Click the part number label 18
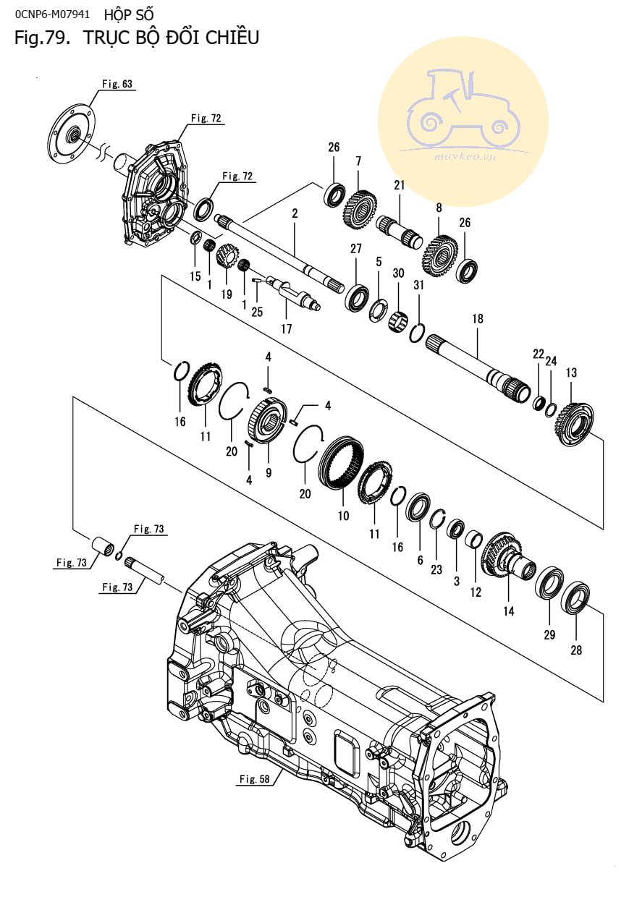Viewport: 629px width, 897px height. pos(477,319)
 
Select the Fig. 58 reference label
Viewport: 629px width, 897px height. pos(253,778)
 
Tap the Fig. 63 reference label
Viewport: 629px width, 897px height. pos(117,84)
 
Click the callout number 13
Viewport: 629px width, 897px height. pos(571,373)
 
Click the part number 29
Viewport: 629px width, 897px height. pos(549,634)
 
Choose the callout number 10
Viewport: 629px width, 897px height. pos(343,516)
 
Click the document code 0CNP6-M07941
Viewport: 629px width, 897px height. pos(52,13)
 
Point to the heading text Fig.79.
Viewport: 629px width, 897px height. pos(43,38)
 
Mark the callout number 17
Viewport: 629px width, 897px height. pos(287,328)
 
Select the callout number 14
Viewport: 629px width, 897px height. pos(509,611)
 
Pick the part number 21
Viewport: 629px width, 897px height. pos(398,186)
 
